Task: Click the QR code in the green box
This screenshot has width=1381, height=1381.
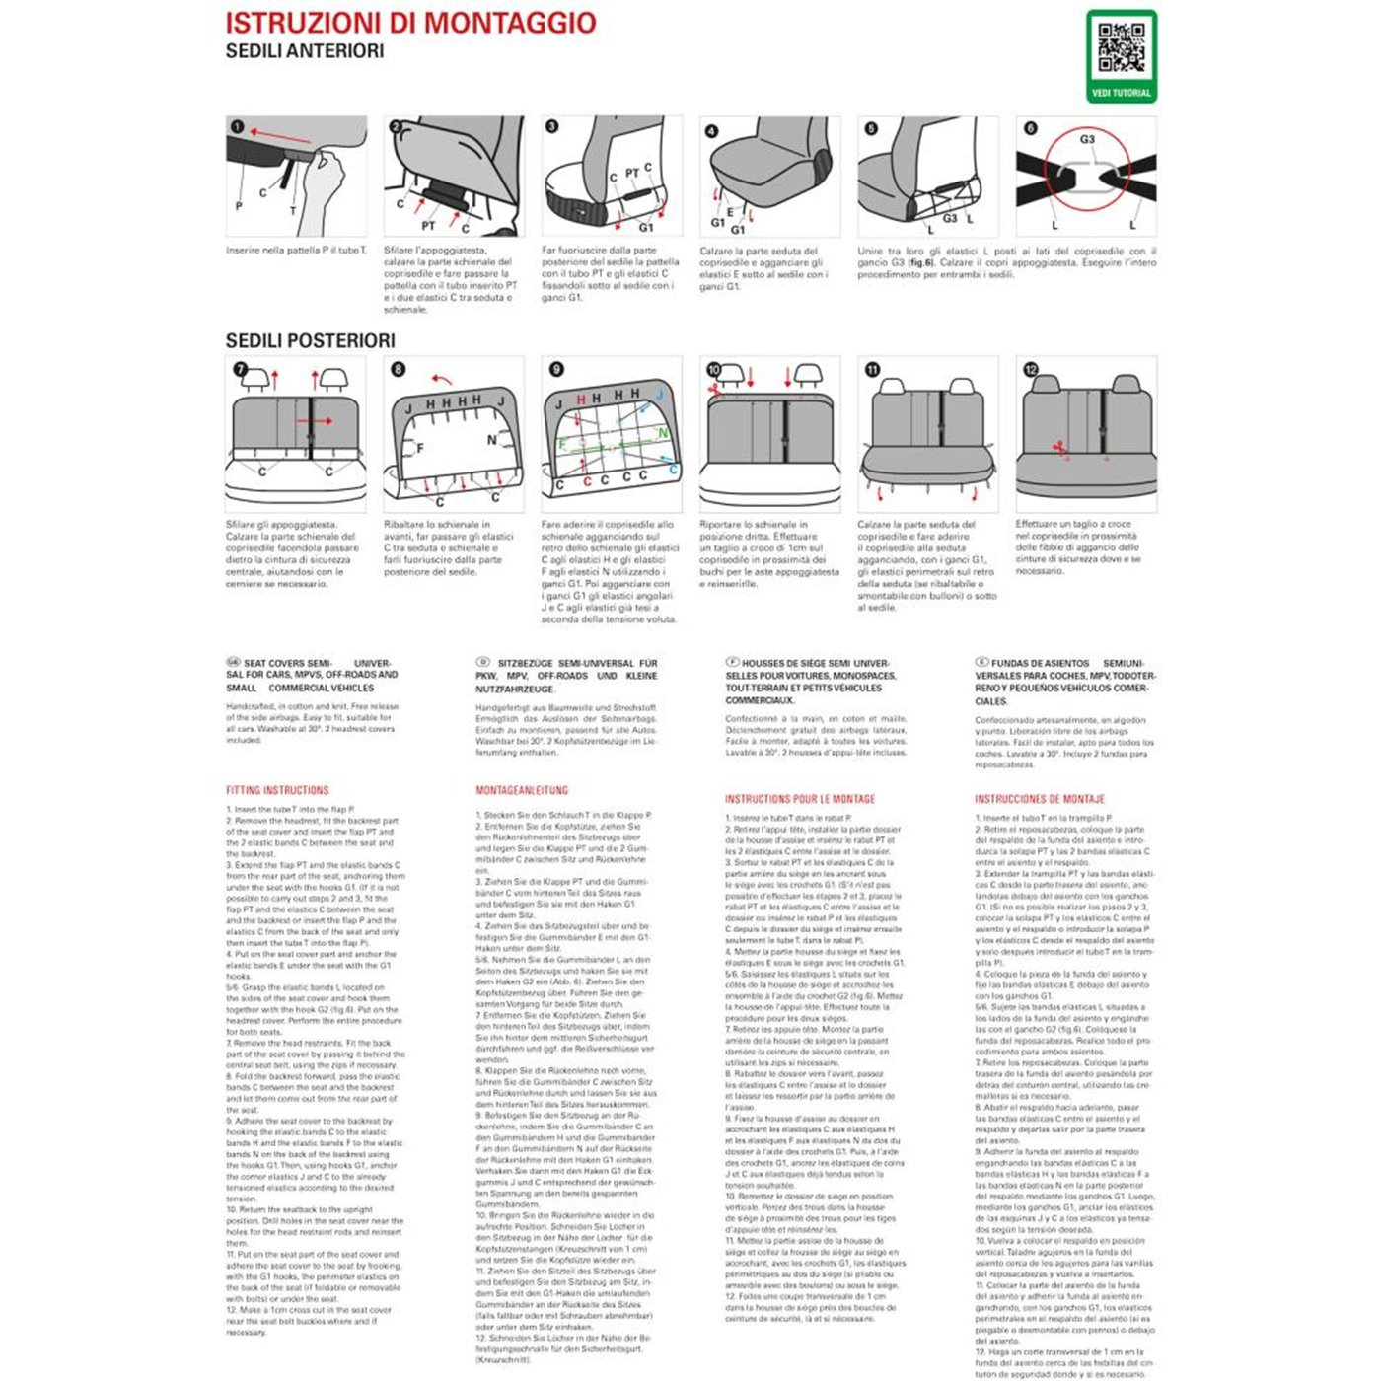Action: (x=1121, y=48)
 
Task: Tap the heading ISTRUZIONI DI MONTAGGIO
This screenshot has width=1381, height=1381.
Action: (x=410, y=23)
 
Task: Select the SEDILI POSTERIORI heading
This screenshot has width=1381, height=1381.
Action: (x=310, y=341)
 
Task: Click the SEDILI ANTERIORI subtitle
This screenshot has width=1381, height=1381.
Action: (x=304, y=51)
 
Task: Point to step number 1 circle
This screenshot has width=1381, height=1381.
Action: (x=237, y=127)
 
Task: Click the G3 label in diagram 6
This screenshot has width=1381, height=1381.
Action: (x=1086, y=140)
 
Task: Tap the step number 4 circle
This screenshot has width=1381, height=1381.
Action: (x=711, y=131)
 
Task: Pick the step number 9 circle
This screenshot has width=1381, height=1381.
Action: (x=556, y=369)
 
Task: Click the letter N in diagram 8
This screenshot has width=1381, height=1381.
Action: (x=492, y=440)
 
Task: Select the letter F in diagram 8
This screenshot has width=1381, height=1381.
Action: (x=420, y=448)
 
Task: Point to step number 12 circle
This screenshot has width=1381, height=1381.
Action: (x=1030, y=370)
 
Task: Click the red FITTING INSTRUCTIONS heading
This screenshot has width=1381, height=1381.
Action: (x=277, y=790)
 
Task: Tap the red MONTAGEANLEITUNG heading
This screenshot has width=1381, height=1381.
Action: (x=522, y=790)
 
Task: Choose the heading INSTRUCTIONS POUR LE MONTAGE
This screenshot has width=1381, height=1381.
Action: (x=799, y=799)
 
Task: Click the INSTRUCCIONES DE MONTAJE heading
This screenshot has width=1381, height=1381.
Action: (x=1039, y=799)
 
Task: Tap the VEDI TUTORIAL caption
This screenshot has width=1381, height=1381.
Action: (x=1121, y=93)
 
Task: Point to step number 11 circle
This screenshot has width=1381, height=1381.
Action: (x=872, y=370)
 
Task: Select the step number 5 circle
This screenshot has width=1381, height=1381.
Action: (x=870, y=128)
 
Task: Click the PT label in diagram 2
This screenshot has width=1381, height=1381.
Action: (x=429, y=226)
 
